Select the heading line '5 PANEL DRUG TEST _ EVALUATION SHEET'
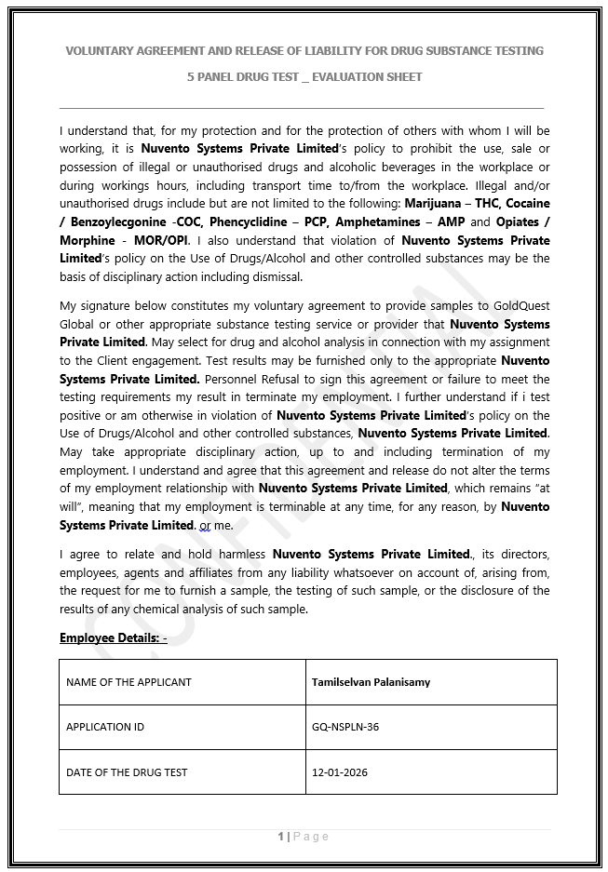304,76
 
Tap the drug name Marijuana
436,204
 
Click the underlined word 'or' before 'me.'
205,526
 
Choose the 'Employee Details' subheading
113,637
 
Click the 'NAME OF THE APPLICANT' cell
128,682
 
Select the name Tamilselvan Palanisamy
371,682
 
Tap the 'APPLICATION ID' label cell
105,727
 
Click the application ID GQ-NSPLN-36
345,727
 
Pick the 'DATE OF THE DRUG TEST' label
127,772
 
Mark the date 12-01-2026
339,772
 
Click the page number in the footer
280,837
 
